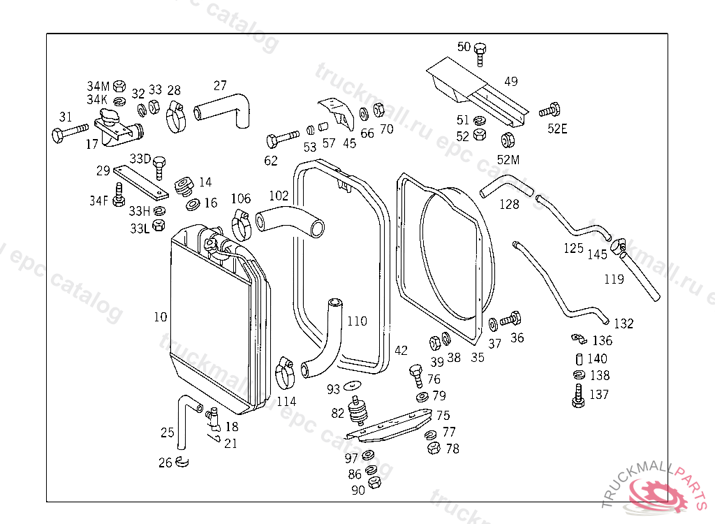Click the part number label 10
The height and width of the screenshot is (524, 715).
(161, 317)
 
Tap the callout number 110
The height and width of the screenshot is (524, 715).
(356, 321)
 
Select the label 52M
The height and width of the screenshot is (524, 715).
(508, 160)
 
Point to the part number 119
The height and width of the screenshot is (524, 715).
(614, 280)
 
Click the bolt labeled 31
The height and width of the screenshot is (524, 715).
(69, 132)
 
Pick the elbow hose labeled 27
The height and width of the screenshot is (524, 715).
(225, 109)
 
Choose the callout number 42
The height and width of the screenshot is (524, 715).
(401, 350)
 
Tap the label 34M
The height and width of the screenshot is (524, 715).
(98, 86)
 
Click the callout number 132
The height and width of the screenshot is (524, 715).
(624, 323)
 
